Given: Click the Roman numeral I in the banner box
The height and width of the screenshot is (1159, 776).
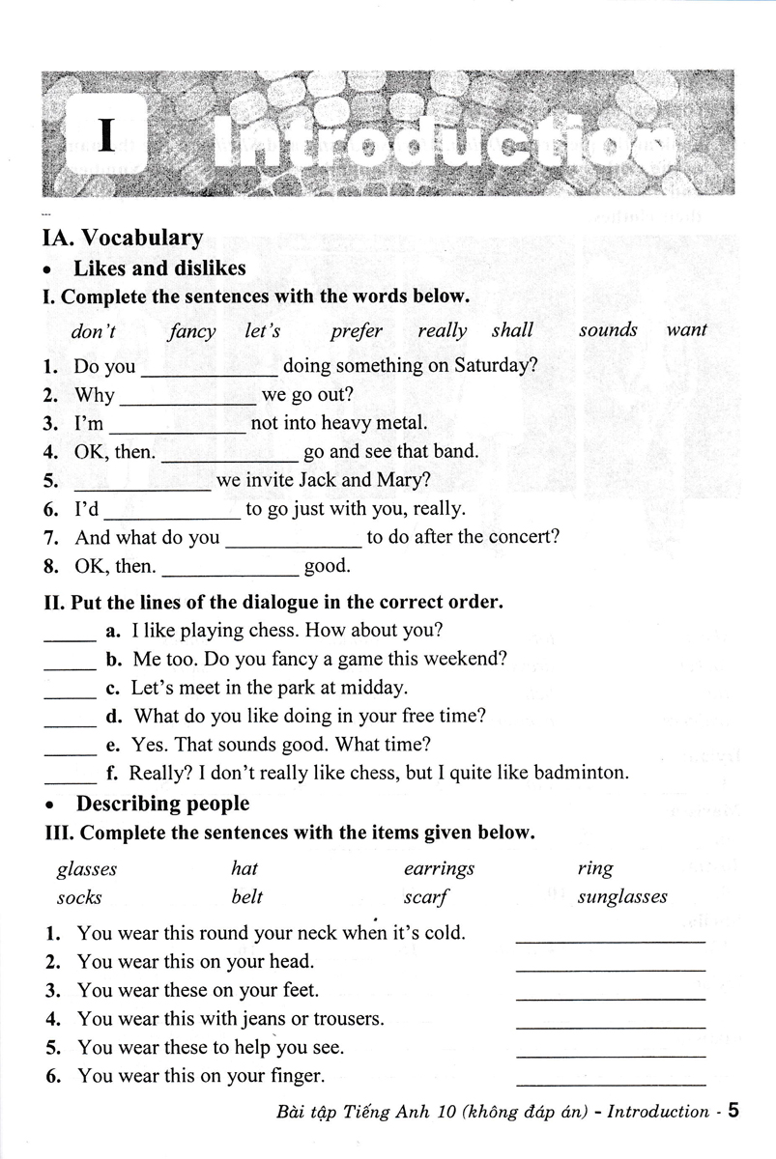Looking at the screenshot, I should [106, 139].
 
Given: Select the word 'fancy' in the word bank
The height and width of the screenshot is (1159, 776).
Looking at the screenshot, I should [192, 330].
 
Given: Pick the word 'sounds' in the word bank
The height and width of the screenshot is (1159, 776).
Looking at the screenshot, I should [608, 330].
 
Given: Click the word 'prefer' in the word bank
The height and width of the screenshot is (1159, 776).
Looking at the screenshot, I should [357, 330].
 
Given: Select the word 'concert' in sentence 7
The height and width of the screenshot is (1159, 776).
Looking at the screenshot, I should [522, 537].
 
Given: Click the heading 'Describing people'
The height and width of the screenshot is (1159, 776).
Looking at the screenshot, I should [162, 804].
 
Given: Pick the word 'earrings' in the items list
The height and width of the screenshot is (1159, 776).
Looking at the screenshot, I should [440, 868].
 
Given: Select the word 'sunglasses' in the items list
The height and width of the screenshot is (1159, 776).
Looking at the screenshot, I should [622, 896].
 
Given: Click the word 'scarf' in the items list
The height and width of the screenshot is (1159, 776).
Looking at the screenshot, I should [425, 896].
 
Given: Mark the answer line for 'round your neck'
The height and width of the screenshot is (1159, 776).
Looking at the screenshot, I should [611, 937].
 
